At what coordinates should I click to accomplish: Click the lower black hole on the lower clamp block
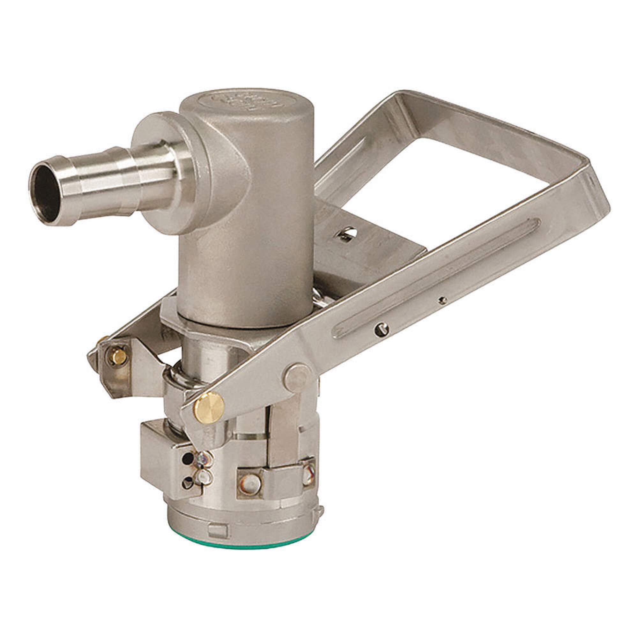(x=188, y=483)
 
